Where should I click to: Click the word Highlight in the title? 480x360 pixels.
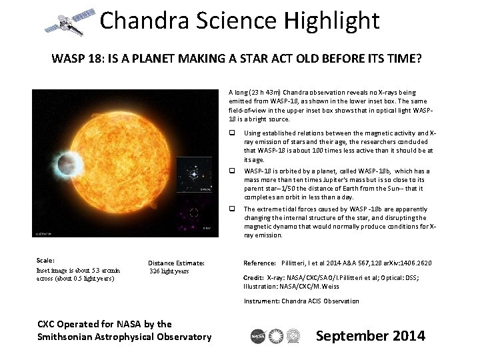(x=331, y=21)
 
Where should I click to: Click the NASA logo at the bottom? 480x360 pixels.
(x=259, y=336)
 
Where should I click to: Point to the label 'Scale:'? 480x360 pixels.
(x=46, y=260)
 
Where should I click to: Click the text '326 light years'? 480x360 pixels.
(x=169, y=271)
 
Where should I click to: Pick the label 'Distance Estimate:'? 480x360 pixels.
(x=176, y=263)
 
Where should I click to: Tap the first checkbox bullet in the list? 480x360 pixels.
(x=233, y=133)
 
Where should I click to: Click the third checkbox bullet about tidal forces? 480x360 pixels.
(x=233, y=209)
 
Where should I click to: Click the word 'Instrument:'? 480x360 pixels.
(x=261, y=301)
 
